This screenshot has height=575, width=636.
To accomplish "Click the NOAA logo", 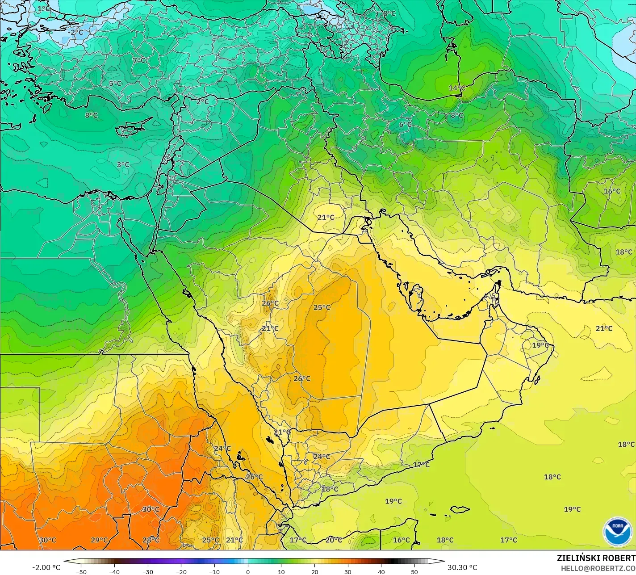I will click(x=617, y=532).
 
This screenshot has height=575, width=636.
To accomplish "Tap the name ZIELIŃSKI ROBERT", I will click(x=596, y=558).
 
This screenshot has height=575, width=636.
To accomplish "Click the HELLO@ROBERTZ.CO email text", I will click(x=598, y=568).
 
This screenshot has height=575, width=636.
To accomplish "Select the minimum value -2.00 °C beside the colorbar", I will click(x=46, y=567).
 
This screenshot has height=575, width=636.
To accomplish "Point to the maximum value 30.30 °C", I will click(x=462, y=567).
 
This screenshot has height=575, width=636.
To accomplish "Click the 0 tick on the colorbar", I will click(x=248, y=571).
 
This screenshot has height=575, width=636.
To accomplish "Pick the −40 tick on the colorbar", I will click(x=114, y=571).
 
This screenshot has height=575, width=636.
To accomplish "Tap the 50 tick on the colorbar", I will click(x=414, y=571).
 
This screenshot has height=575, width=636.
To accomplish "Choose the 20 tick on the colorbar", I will click(x=314, y=571).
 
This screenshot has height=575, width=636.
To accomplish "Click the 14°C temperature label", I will click(x=457, y=88).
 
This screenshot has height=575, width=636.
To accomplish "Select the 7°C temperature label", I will click(x=139, y=60).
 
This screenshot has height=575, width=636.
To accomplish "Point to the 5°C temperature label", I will click(x=115, y=84).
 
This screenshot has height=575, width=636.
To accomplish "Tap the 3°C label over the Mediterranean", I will click(x=123, y=164).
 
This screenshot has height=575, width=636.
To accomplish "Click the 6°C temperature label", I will click(x=405, y=124).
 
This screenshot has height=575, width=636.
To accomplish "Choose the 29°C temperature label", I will click(x=99, y=540).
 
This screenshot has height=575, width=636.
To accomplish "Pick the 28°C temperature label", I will click(x=151, y=540).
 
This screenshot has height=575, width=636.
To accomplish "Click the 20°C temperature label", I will click(x=333, y=540).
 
